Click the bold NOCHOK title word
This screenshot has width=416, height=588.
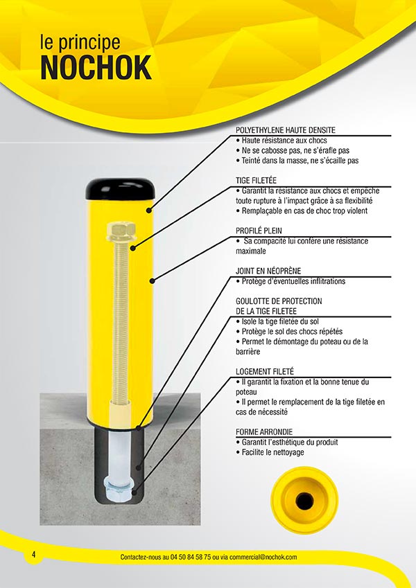pos(96,67)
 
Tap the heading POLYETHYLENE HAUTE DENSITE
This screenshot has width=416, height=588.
pos(286,130)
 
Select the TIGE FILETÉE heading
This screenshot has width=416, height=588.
pos(256,180)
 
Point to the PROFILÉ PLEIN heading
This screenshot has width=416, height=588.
pos(259,231)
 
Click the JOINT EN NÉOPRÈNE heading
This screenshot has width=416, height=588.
pos(268,271)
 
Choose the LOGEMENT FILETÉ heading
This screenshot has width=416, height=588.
pos(265,371)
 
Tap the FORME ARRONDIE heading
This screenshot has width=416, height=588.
pos(264,431)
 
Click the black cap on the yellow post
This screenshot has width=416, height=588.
pos(120,188)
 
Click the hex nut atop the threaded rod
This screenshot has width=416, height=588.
pos(121,231)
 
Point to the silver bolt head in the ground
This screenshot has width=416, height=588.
pos(118,491)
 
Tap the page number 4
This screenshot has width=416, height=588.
pos(34,554)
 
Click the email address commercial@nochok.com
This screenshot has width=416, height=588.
pos(263,557)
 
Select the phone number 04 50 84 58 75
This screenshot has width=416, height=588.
pos(191,557)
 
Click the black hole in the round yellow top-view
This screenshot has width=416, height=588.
pos(304,500)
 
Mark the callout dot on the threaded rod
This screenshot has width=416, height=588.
pos(132,248)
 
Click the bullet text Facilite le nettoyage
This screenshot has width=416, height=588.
pos(270,452)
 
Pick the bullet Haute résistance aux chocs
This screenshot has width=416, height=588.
pos(281,141)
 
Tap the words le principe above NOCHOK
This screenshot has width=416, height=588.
pos(80,42)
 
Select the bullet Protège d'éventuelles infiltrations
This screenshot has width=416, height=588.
pos(291,281)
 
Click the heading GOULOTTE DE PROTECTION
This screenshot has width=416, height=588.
pos(279,301)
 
